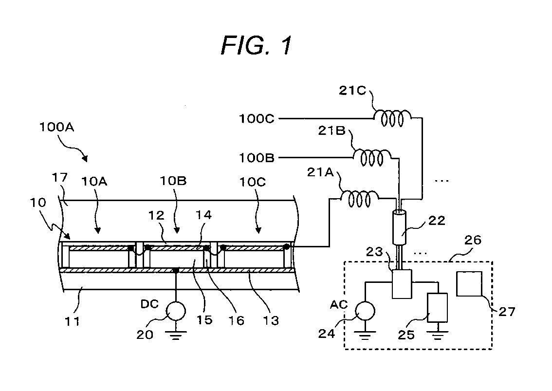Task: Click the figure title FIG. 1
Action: pos(257,45)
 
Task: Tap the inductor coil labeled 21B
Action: pos(372,157)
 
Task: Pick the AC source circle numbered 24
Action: pos(365,311)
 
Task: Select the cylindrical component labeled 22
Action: pos(399,227)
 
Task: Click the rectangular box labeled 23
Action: pos(402,284)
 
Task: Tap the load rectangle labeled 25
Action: pos(437,308)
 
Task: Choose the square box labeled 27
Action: pos(469,283)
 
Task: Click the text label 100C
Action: pos(257,119)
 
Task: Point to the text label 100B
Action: pos(257,158)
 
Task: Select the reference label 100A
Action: pos(56,127)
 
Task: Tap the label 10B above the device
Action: pos(173,181)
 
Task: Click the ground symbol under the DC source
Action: pos(176,335)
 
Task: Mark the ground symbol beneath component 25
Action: pos(437,335)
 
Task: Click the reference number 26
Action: pos(473,240)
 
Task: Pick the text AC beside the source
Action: pos(339,304)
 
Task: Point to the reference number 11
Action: pos(72,321)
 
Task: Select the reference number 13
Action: pos(271,320)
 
